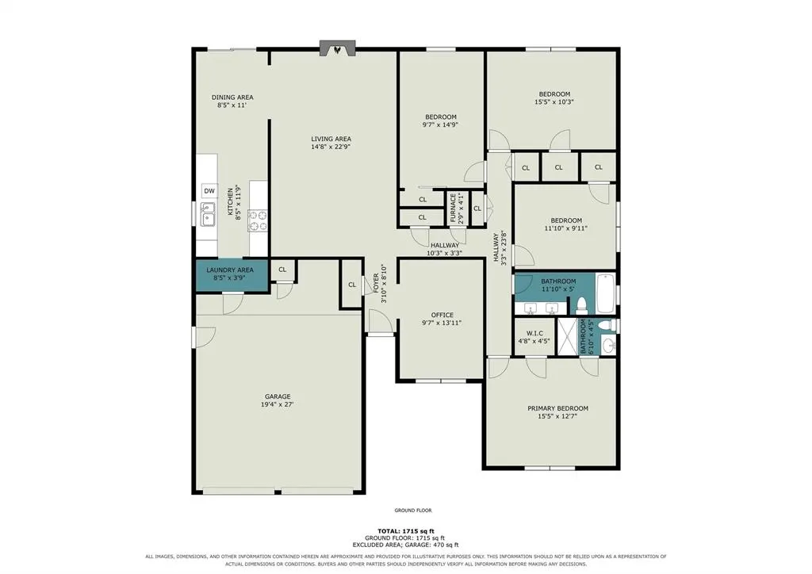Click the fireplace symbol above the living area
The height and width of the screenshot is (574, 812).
click(x=338, y=48)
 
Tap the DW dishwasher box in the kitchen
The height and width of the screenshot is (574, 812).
click(x=209, y=191)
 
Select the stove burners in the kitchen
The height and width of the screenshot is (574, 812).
click(x=258, y=220)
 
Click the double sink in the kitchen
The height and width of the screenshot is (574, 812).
click(x=208, y=214)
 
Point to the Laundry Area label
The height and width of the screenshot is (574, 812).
click(x=230, y=270)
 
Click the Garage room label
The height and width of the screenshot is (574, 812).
click(x=278, y=396)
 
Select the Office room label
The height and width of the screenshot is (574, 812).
click(x=442, y=315)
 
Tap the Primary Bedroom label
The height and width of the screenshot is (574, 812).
click(x=557, y=408)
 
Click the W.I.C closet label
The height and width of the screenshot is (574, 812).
click(x=534, y=333)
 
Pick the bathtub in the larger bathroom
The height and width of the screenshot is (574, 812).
click(x=604, y=293)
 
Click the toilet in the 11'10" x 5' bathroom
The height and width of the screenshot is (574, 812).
click(x=581, y=306)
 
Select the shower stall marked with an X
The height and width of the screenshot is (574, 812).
click(x=566, y=336)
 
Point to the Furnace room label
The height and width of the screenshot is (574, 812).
click(x=454, y=208)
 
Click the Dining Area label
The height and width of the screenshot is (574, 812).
click(x=232, y=98)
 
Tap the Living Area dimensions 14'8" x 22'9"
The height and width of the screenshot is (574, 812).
click(x=331, y=147)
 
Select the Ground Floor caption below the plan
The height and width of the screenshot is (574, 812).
click(x=412, y=511)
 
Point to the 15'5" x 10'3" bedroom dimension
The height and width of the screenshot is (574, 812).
click(x=554, y=102)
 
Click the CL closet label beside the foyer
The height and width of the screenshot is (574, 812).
click(x=352, y=285)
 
